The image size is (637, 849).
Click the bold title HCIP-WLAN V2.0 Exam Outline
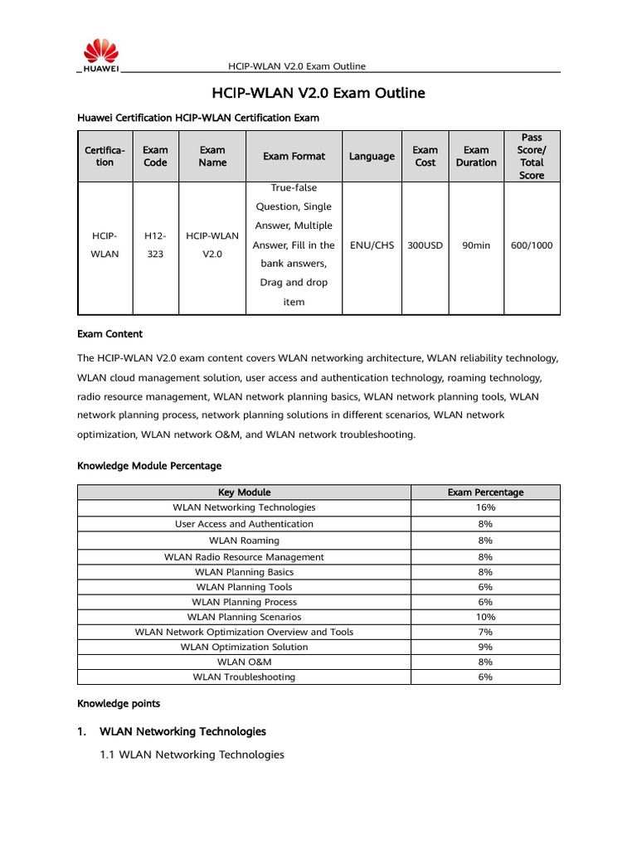[318, 93]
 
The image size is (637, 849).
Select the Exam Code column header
[155, 156]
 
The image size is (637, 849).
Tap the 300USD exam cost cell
[425, 245]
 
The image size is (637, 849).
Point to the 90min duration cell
[476, 245]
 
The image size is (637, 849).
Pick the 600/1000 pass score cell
[532, 245]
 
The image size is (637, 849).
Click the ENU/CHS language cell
[372, 245]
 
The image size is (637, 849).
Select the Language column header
[372, 156]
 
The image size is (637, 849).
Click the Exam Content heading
[109, 333]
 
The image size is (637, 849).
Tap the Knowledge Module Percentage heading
[149, 466]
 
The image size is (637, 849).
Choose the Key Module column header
[244, 492]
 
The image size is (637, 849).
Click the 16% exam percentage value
[485, 507]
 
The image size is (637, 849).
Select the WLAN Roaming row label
[244, 541]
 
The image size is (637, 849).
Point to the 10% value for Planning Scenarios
[485, 617]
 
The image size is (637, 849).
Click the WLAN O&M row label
[244, 662]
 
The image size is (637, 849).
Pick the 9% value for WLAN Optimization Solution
[485, 647]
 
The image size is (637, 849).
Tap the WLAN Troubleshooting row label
[244, 677]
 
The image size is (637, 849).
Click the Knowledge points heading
[119, 703]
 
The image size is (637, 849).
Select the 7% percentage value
[485, 632]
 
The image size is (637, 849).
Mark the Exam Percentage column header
[485, 492]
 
